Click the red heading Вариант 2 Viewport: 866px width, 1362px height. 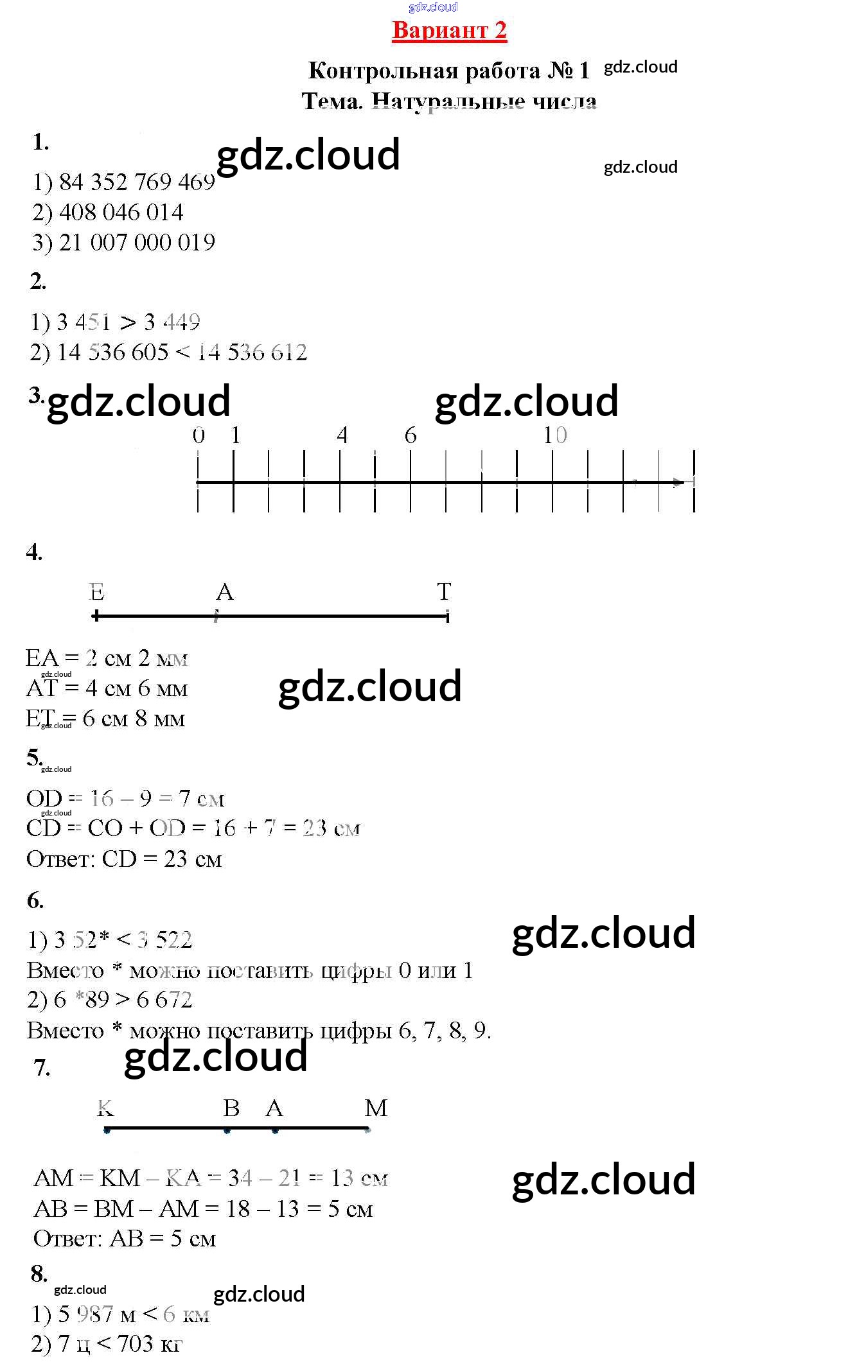pos(449,30)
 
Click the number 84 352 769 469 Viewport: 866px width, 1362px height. pos(137,182)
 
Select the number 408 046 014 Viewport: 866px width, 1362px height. pos(121,213)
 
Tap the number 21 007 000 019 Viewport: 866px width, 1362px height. pos(137,243)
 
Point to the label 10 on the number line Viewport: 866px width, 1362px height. pos(554,435)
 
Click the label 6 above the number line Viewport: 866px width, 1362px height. pos(411,435)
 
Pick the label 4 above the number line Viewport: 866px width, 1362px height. pos(342,435)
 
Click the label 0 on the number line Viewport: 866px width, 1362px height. pos(199,435)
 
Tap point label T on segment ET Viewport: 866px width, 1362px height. pos(444,591)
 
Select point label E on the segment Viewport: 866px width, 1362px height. pos(96,591)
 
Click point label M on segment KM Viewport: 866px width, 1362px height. pos(376,1108)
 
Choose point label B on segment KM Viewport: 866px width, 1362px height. pos(231,1108)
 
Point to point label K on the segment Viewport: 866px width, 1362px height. pos(105,1108)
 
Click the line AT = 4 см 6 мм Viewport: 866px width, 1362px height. pos(107,688)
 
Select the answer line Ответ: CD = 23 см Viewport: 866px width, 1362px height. pos(124,859)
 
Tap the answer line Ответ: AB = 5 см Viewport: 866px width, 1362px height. pos(125,1238)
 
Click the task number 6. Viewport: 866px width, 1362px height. pos(35,900)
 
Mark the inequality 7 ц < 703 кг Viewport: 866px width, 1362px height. pos(107,1343)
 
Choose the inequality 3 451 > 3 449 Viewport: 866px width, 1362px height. pos(116,322)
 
